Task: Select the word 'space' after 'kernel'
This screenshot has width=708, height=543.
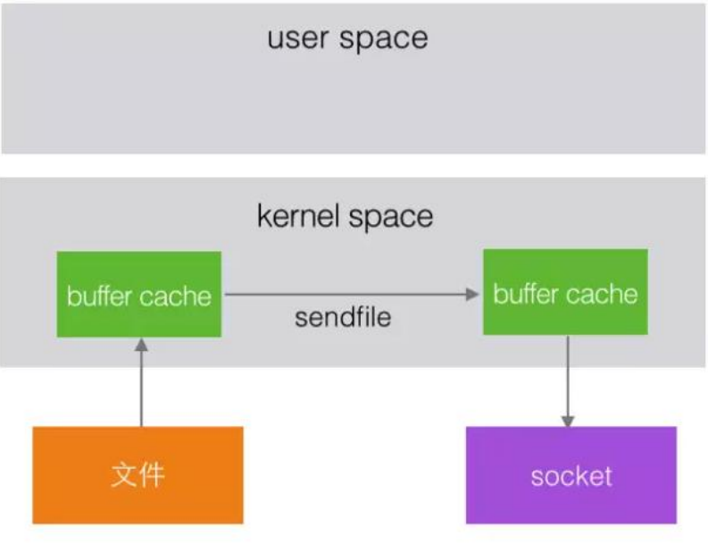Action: click(x=390, y=218)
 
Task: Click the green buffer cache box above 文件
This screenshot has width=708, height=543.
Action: click(x=138, y=294)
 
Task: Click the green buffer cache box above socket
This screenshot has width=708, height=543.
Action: click(x=565, y=292)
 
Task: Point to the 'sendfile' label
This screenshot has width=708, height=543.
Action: click(x=343, y=317)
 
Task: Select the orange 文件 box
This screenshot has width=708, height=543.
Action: click(x=138, y=474)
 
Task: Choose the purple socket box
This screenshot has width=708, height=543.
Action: click(x=571, y=474)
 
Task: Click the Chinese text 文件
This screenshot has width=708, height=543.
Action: click(x=138, y=474)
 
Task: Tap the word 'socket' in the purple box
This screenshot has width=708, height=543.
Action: click(x=571, y=475)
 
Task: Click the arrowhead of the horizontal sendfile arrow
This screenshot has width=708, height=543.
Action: click(x=474, y=293)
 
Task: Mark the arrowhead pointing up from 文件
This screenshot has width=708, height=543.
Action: click(x=140, y=345)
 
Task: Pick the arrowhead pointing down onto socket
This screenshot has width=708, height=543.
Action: click(x=566, y=421)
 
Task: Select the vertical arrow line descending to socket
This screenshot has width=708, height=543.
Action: click(x=566, y=375)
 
